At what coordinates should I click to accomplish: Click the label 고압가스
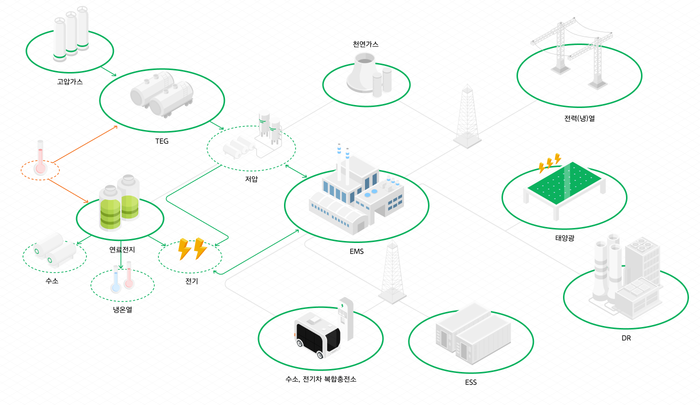point(70,81)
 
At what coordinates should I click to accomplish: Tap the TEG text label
point(162,141)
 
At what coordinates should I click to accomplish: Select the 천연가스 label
point(365,44)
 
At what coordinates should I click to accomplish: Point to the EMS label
point(356,251)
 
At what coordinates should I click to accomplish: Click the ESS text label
point(470,382)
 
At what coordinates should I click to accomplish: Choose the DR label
point(626,338)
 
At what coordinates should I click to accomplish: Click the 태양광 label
point(564,238)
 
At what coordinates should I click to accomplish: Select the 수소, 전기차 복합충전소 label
point(320,379)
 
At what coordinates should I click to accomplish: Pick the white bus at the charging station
point(316,335)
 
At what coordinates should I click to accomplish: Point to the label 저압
point(251,179)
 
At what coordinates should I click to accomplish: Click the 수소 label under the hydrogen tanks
point(52,281)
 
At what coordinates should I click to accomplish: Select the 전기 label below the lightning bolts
point(191,281)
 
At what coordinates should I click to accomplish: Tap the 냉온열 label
point(122,309)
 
